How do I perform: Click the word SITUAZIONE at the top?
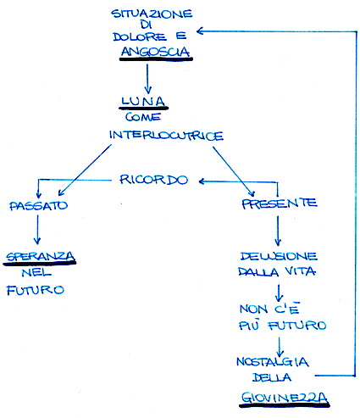pos(152,14)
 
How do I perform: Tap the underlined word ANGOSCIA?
pos(156,52)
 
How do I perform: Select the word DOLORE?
pos(140,36)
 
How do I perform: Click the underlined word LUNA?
pos(143,101)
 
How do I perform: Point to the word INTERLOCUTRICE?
pos(166,136)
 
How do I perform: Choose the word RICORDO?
pos(153,180)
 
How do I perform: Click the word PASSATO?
pos(39,206)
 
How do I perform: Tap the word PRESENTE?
pos(280,203)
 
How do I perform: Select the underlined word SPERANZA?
pos(41,256)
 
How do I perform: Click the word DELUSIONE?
pos(279,256)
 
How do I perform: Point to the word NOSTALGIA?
pos(273,362)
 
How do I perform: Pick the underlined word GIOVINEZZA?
pos(285,398)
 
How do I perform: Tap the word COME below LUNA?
pos(143,117)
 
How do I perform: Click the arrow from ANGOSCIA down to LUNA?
pos(147,79)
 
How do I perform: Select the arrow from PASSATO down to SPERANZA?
pos(37,230)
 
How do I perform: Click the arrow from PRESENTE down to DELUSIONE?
pos(278,231)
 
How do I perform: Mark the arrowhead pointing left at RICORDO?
pos(202,181)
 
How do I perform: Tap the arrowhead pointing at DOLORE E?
pos(200,31)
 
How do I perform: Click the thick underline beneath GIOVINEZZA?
pos(285,405)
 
